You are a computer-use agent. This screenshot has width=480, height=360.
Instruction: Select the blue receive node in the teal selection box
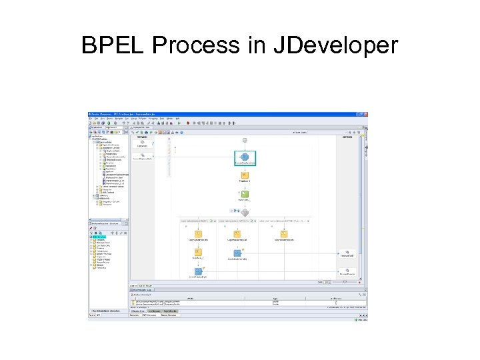pyautogui.click(x=245, y=157)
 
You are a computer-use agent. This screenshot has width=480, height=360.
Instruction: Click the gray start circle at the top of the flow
pyautogui.click(x=245, y=141)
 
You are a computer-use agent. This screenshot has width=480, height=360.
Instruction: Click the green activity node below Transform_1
pyautogui.click(x=245, y=195)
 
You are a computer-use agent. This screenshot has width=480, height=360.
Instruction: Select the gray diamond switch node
pyautogui.click(x=245, y=212)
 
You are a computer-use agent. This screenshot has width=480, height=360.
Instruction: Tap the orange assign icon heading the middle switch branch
pyautogui.click(x=237, y=234)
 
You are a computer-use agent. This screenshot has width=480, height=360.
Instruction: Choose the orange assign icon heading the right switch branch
pyautogui.click(x=284, y=234)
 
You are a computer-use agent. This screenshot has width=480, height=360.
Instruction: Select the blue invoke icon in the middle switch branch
pyautogui.click(x=237, y=253)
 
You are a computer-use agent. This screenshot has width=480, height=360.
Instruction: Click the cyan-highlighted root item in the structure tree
pyautogui.click(x=99, y=237)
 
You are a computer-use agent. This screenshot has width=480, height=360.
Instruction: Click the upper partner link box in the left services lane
pyautogui.click(x=142, y=143)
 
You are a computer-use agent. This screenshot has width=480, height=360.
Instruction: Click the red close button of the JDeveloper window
pyautogui.click(x=365, y=114)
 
